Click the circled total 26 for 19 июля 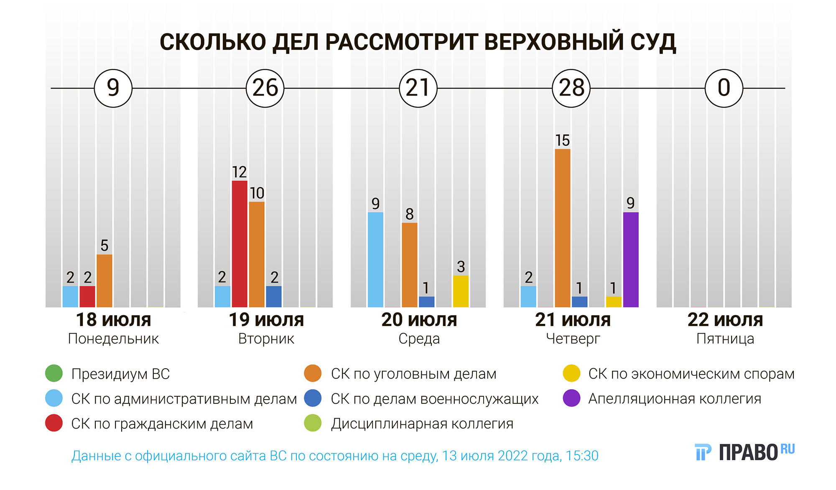point(265,88)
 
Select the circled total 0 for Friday point(724,88)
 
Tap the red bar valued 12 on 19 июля point(240,244)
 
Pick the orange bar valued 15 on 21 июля point(563,228)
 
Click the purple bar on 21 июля point(631,260)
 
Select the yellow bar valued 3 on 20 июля point(461,291)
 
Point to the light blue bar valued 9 point(375,260)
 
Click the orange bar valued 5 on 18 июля point(104,281)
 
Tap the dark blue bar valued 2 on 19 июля point(274,297)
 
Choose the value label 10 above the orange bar point(257,193)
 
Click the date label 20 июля point(419,320)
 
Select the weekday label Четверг point(573,339)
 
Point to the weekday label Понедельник point(113,339)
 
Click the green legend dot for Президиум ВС point(54,374)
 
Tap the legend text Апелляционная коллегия point(674,399)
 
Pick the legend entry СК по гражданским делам point(162,424)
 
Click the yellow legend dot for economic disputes point(571,374)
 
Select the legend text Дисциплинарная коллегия point(422,424)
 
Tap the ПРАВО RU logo point(744,452)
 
